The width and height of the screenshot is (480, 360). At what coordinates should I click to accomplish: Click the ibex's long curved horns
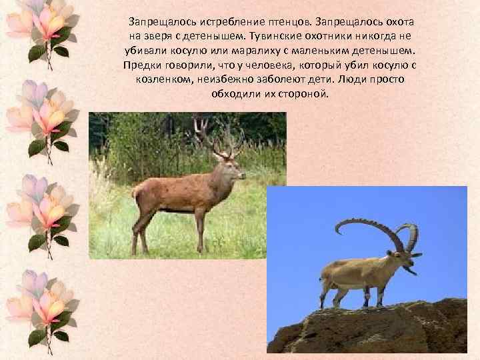(x=373, y=230)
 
